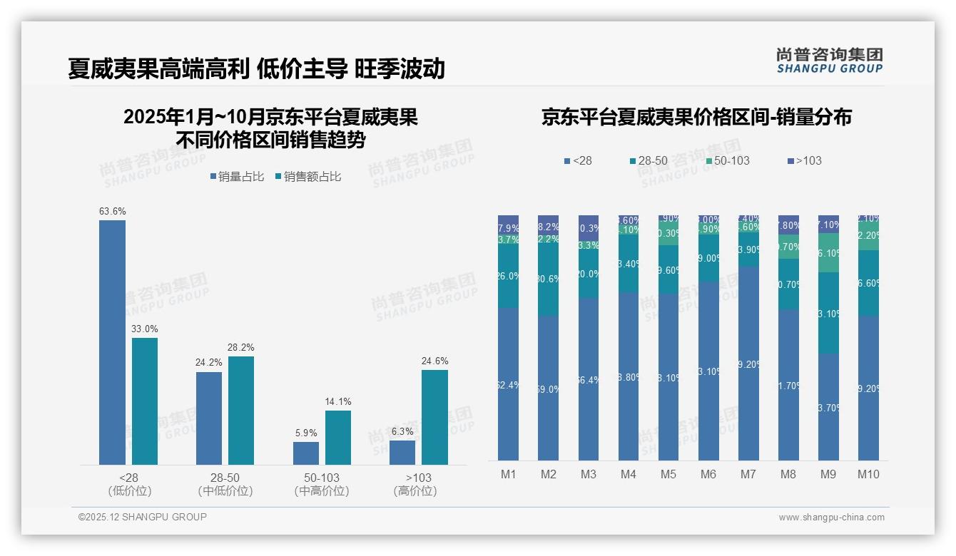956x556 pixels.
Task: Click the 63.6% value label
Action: point(112,211)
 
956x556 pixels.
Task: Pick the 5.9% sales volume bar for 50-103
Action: point(305,453)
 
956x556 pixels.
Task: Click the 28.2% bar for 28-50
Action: point(241,411)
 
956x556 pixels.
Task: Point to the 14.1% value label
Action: point(338,401)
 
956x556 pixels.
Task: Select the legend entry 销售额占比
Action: point(307,176)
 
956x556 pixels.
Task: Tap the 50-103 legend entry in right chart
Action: point(727,160)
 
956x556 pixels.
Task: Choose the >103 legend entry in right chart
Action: point(804,160)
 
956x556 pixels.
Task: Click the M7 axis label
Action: point(748,474)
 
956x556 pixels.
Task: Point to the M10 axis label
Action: point(868,474)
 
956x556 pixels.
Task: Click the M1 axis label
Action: point(509,474)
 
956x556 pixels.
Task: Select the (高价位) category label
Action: point(415,491)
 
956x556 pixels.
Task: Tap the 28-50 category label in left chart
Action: point(225,478)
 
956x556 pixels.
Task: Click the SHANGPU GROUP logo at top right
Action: point(829,61)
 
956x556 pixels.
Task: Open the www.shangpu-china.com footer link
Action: point(831,518)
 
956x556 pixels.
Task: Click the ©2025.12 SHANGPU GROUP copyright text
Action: point(143,517)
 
